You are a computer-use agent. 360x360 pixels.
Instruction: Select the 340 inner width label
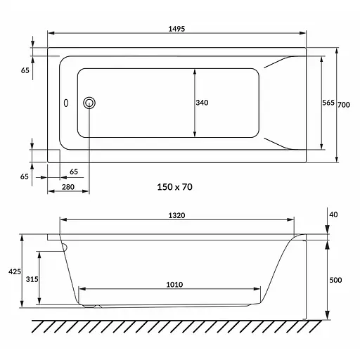click(202, 103)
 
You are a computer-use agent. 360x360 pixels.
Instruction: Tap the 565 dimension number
click(328, 103)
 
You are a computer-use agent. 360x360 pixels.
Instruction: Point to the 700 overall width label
click(344, 105)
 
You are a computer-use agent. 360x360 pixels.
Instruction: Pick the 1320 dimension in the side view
click(177, 217)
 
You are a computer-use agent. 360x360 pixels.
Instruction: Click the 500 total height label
click(335, 280)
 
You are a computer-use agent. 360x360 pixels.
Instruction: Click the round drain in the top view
click(89, 103)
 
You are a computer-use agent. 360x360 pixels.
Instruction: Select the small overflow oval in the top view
click(66, 103)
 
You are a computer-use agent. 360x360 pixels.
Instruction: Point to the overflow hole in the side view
click(64, 247)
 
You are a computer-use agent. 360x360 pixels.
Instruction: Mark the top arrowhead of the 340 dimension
click(195, 71)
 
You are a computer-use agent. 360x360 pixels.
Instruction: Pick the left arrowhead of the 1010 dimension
click(81, 288)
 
